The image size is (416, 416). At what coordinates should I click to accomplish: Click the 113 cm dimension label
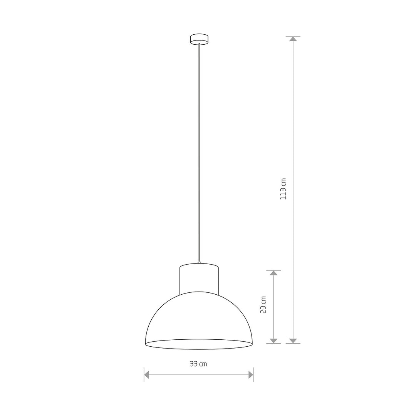click(x=283, y=189)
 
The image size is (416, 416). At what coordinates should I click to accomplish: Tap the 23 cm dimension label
click(x=263, y=305)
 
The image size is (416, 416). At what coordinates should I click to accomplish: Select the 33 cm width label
click(x=198, y=364)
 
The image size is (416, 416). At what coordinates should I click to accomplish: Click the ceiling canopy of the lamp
click(x=199, y=39)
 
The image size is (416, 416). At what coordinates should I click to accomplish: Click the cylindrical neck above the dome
click(x=199, y=278)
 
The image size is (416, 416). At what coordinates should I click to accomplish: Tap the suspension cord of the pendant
click(x=199, y=153)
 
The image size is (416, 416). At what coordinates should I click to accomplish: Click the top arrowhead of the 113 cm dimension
click(x=293, y=39)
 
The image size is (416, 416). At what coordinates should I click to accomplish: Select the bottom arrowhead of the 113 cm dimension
click(x=293, y=341)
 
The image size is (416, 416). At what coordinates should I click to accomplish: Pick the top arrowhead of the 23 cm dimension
click(x=273, y=273)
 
